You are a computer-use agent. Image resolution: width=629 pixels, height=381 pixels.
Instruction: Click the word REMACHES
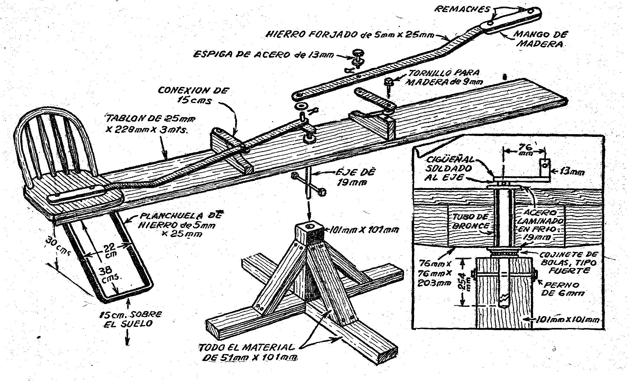[x=462, y=9]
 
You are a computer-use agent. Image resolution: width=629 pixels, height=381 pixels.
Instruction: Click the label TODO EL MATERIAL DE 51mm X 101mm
[x=248, y=352]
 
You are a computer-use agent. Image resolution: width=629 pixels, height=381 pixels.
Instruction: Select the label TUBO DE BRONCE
[x=469, y=221]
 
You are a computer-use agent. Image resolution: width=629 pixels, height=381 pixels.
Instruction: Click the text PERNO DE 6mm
[x=562, y=289]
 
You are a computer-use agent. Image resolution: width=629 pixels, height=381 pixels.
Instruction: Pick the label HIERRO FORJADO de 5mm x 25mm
[x=350, y=35]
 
